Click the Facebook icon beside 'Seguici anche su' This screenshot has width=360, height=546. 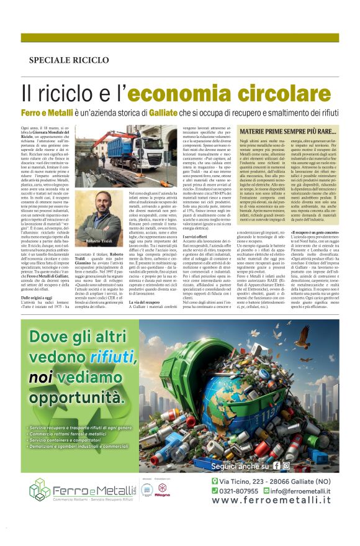click(x=277, y=465)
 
